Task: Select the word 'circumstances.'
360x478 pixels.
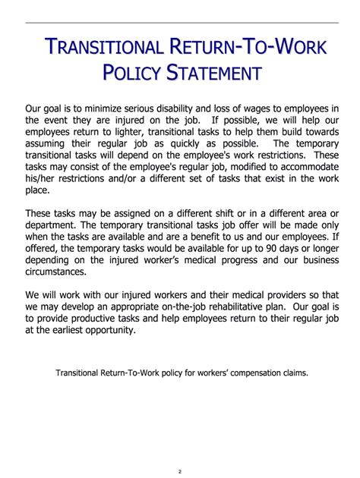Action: [58, 272]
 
